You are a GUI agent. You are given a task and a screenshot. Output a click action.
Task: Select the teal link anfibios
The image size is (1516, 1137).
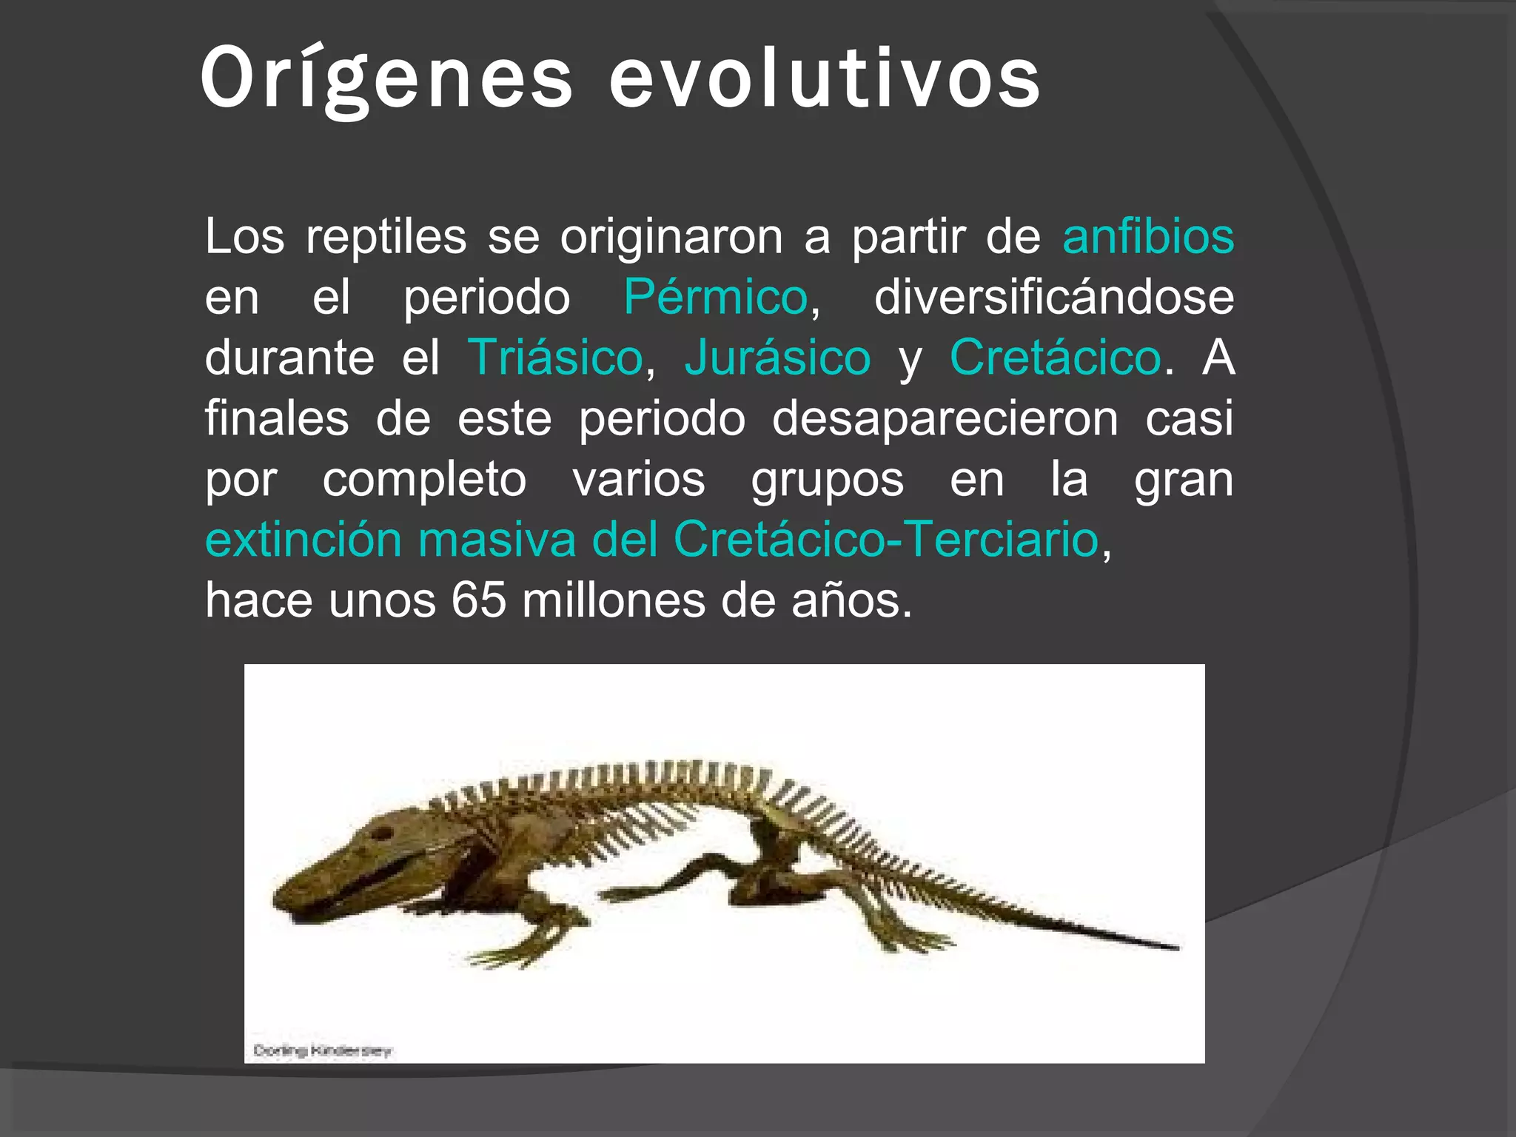(x=1148, y=237)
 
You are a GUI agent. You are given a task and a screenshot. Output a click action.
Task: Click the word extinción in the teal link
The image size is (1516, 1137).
(x=303, y=540)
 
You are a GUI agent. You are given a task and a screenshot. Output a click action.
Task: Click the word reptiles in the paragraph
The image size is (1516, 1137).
(x=386, y=237)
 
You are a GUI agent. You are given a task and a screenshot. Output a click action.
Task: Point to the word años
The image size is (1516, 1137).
(x=851, y=600)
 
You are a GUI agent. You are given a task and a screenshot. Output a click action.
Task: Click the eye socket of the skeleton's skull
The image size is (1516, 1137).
(x=381, y=834)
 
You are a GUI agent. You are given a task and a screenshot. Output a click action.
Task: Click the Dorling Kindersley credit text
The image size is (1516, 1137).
(x=323, y=1050)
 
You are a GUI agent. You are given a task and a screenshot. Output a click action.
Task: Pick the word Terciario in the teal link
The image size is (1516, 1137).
(x=1003, y=540)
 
